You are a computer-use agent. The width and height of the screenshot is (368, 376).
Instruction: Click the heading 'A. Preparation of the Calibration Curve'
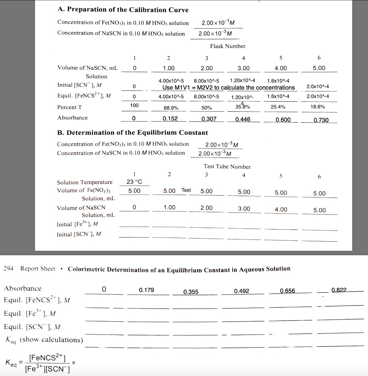click(123, 10)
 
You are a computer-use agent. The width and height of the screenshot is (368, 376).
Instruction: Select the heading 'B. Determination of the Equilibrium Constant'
click(132, 133)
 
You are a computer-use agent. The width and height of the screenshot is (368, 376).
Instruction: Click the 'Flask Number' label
click(227, 46)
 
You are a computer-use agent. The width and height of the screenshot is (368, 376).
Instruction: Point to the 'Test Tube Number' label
click(227, 167)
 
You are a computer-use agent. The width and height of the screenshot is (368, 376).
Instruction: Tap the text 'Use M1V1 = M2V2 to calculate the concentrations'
click(229, 88)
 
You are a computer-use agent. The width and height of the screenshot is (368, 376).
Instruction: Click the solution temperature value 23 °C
click(134, 182)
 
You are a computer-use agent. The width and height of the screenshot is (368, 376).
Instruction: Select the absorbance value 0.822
click(339, 290)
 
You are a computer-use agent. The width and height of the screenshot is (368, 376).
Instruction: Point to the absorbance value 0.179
click(147, 290)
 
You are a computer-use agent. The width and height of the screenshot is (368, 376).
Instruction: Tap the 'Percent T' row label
click(67, 107)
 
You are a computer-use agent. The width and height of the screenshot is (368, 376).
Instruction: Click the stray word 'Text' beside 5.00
click(186, 190)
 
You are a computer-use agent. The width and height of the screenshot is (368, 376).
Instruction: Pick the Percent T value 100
click(135, 105)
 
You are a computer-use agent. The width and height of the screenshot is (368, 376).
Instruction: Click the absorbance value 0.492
click(242, 291)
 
